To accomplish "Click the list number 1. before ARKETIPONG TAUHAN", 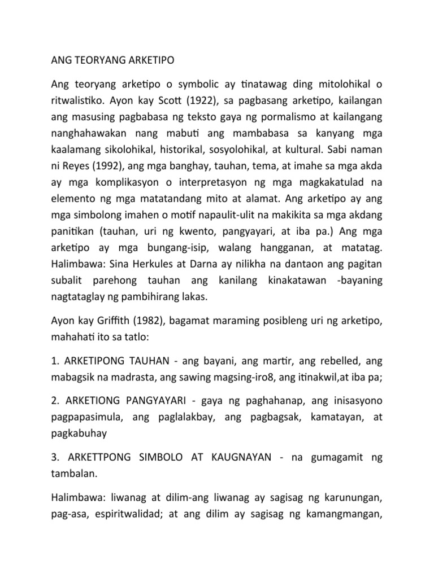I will (x=55, y=361).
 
